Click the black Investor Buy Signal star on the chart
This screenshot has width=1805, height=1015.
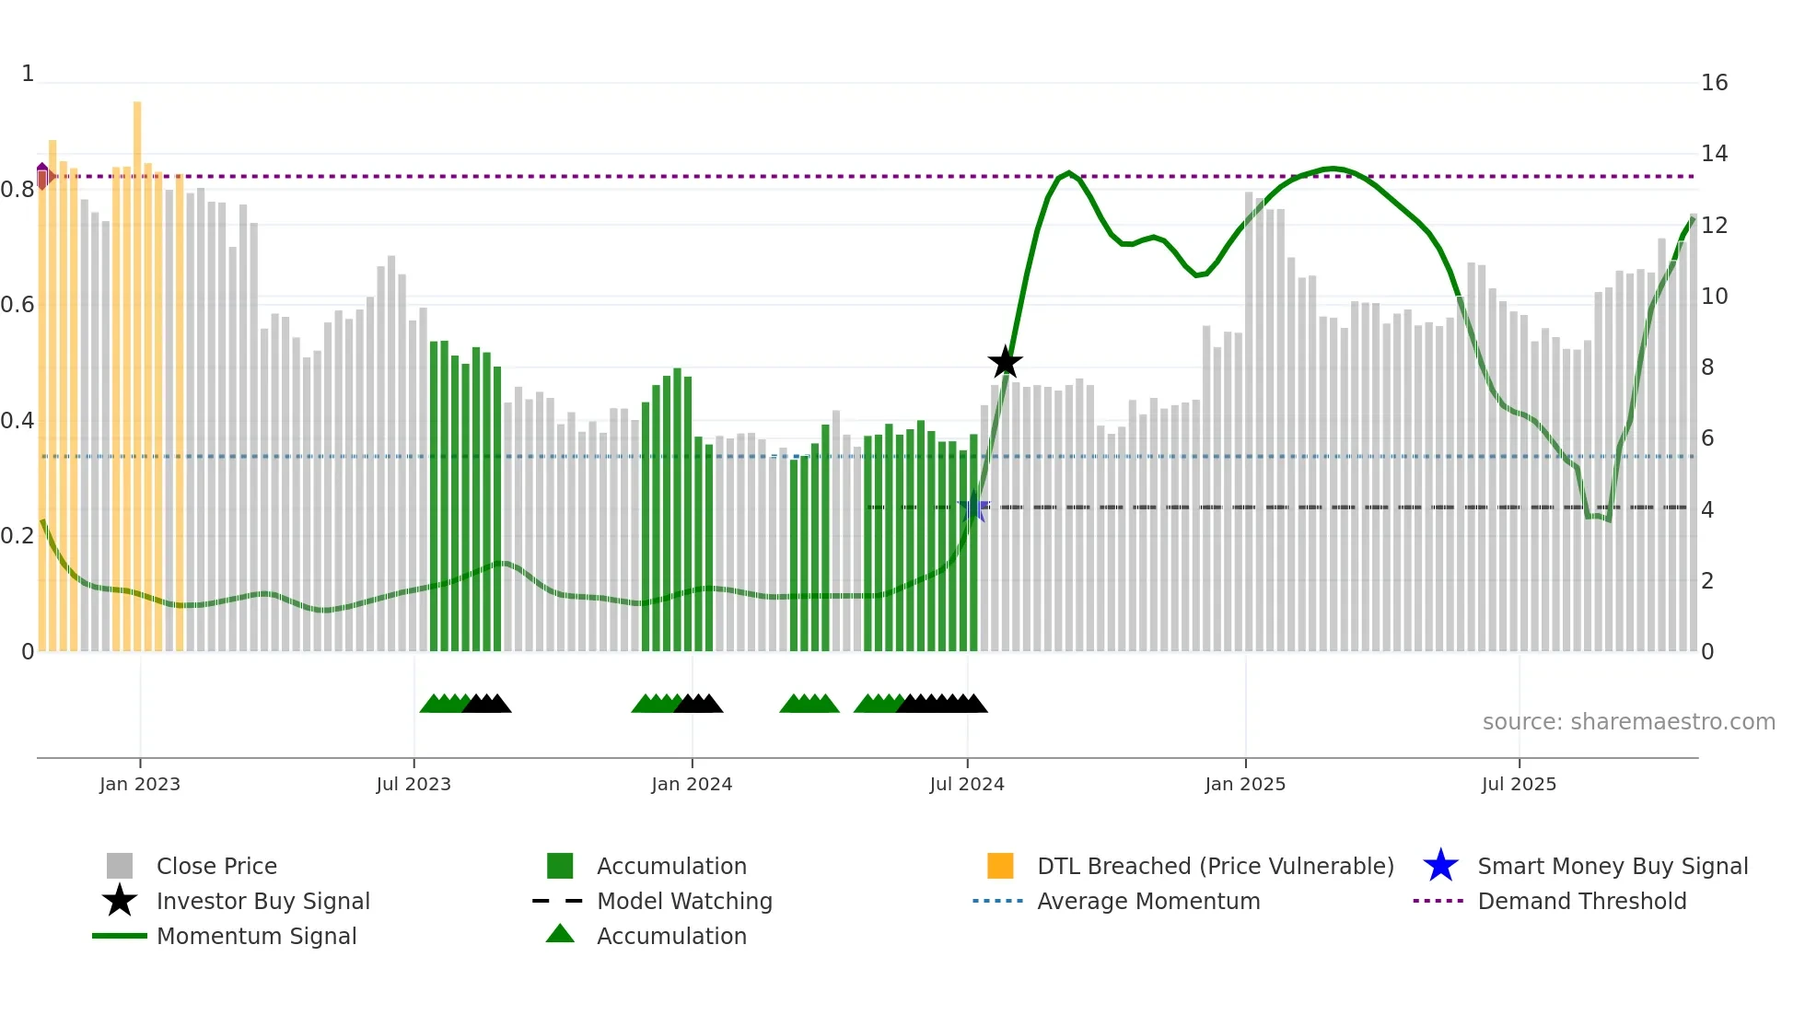1005,362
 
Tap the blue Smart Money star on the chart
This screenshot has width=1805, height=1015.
973,507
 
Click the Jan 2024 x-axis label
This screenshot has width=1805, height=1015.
692,785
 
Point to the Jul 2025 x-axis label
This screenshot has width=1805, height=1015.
1519,785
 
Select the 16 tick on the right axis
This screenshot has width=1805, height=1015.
1714,83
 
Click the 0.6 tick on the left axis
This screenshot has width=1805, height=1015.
17,305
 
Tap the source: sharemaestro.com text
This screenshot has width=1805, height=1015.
1628,722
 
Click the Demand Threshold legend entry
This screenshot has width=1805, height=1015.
1581,902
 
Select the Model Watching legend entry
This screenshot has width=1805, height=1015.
684,902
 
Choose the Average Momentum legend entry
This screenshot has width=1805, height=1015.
1147,902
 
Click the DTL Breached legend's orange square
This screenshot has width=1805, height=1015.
1000,866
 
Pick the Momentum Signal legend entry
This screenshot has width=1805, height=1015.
256,937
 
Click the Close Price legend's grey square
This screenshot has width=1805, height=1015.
120,866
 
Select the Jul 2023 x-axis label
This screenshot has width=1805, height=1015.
413,785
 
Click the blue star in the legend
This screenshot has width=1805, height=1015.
1440,866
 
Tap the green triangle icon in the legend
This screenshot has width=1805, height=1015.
560,935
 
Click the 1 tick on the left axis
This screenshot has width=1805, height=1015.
28,74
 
